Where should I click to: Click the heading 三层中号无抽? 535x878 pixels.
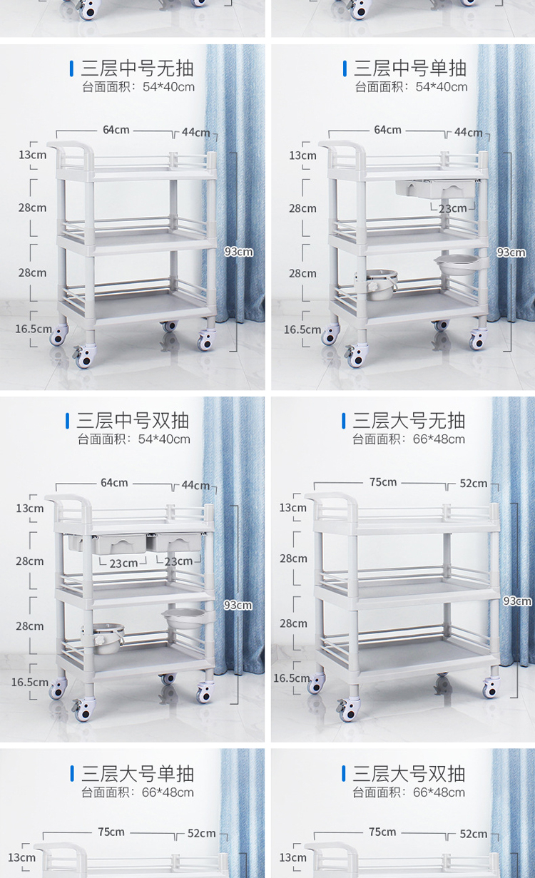point(137,68)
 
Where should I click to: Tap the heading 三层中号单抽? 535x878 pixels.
point(410,68)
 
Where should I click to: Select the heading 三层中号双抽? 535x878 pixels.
point(133,421)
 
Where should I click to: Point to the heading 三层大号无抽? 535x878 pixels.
point(409,421)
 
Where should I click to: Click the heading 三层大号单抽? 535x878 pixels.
point(138,774)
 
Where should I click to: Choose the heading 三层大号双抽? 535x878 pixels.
point(409,774)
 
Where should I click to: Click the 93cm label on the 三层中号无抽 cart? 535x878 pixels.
point(239,252)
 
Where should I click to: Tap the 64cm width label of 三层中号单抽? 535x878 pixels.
point(387,130)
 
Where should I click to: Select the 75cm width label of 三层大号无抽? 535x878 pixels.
point(383,482)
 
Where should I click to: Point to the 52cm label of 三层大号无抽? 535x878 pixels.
point(474,484)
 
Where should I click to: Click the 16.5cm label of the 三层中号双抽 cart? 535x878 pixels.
point(30,683)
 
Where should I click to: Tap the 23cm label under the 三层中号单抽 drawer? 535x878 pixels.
point(453,208)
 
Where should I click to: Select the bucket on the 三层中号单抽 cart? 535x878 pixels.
point(376,284)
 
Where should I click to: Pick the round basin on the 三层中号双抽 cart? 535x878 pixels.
point(184,618)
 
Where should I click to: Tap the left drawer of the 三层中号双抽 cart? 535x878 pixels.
point(107,543)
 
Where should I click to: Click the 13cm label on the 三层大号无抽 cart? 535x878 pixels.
point(292,508)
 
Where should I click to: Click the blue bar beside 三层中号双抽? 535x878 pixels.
point(68,421)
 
